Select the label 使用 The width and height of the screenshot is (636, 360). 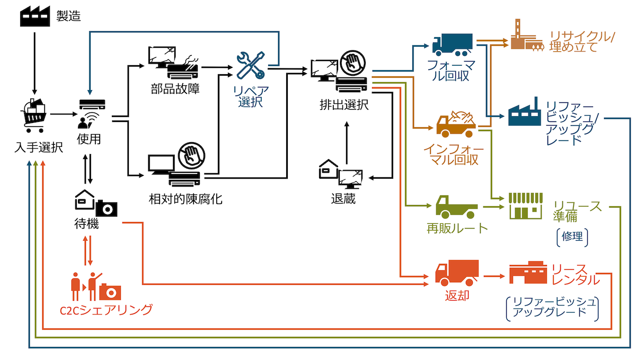pos(89,139)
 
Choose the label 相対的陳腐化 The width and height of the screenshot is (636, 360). pos(185,199)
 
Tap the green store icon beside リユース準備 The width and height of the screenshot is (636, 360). pos(525,206)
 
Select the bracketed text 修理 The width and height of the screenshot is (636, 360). pos(574,236)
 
